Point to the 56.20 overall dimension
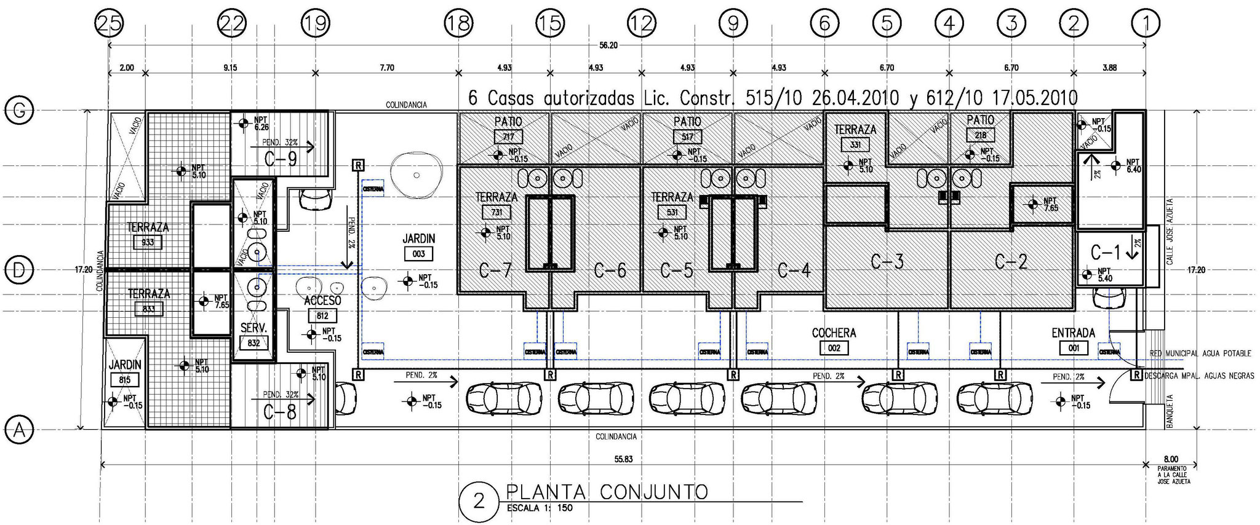[608, 45]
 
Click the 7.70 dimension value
[386, 68]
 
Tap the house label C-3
[887, 262]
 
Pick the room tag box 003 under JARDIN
[418, 254]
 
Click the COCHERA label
[834, 333]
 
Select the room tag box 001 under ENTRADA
[1074, 349]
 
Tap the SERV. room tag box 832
[253, 344]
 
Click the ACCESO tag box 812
[322, 316]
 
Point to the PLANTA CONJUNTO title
[607, 492]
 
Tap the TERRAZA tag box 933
[148, 242]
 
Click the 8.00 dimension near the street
[1171, 459]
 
